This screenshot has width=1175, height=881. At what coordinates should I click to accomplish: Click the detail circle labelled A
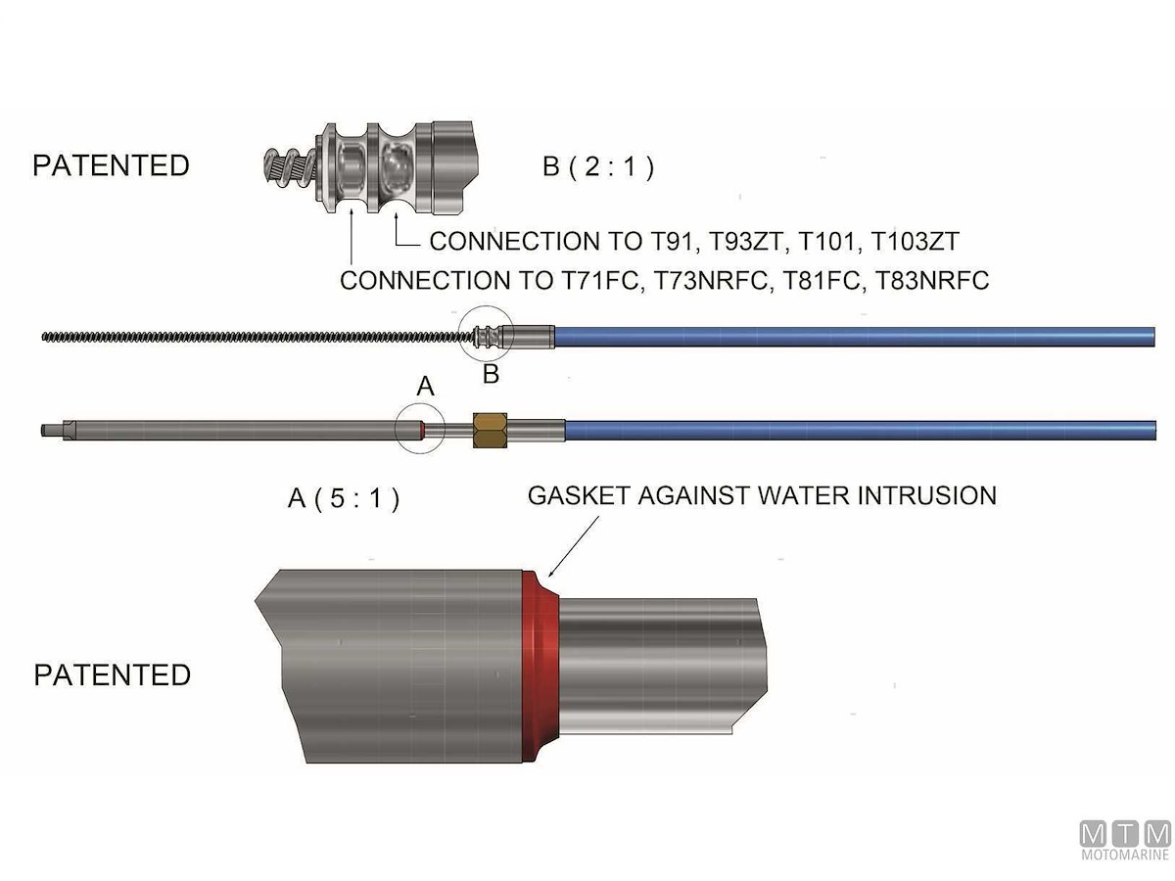pos(420,429)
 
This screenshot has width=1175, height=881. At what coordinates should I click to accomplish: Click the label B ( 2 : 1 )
pos(598,166)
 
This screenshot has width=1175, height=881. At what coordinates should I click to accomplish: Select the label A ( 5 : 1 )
pos(344,498)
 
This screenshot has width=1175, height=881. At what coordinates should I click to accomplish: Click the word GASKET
pos(578,495)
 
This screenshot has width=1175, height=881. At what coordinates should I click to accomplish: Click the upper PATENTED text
pos(111,165)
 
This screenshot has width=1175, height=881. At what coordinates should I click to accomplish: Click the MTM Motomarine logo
pos(1125,841)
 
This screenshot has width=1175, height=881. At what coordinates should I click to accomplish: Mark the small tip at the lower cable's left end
pos(48,429)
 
